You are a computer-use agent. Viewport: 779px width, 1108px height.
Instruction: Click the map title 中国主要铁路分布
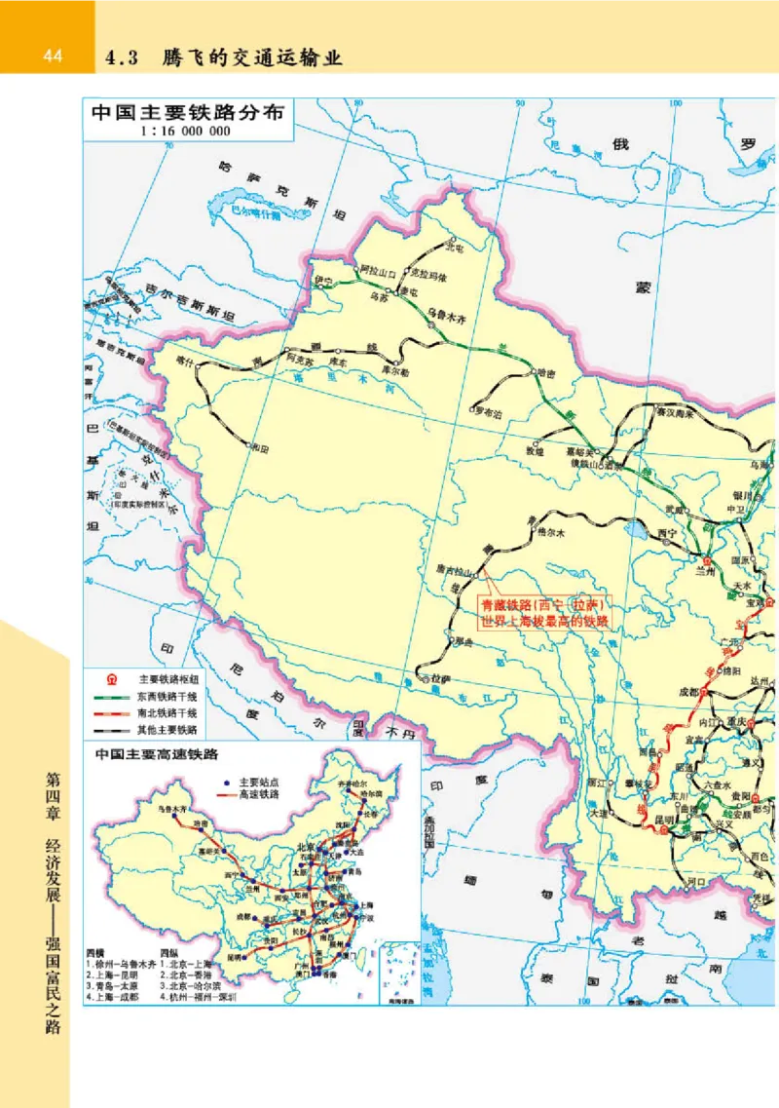pyautogui.click(x=187, y=111)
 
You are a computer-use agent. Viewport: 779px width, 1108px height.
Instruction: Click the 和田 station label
pyautogui.click(x=259, y=447)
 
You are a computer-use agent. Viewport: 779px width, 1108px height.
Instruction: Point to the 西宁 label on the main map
pyautogui.click(x=667, y=534)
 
